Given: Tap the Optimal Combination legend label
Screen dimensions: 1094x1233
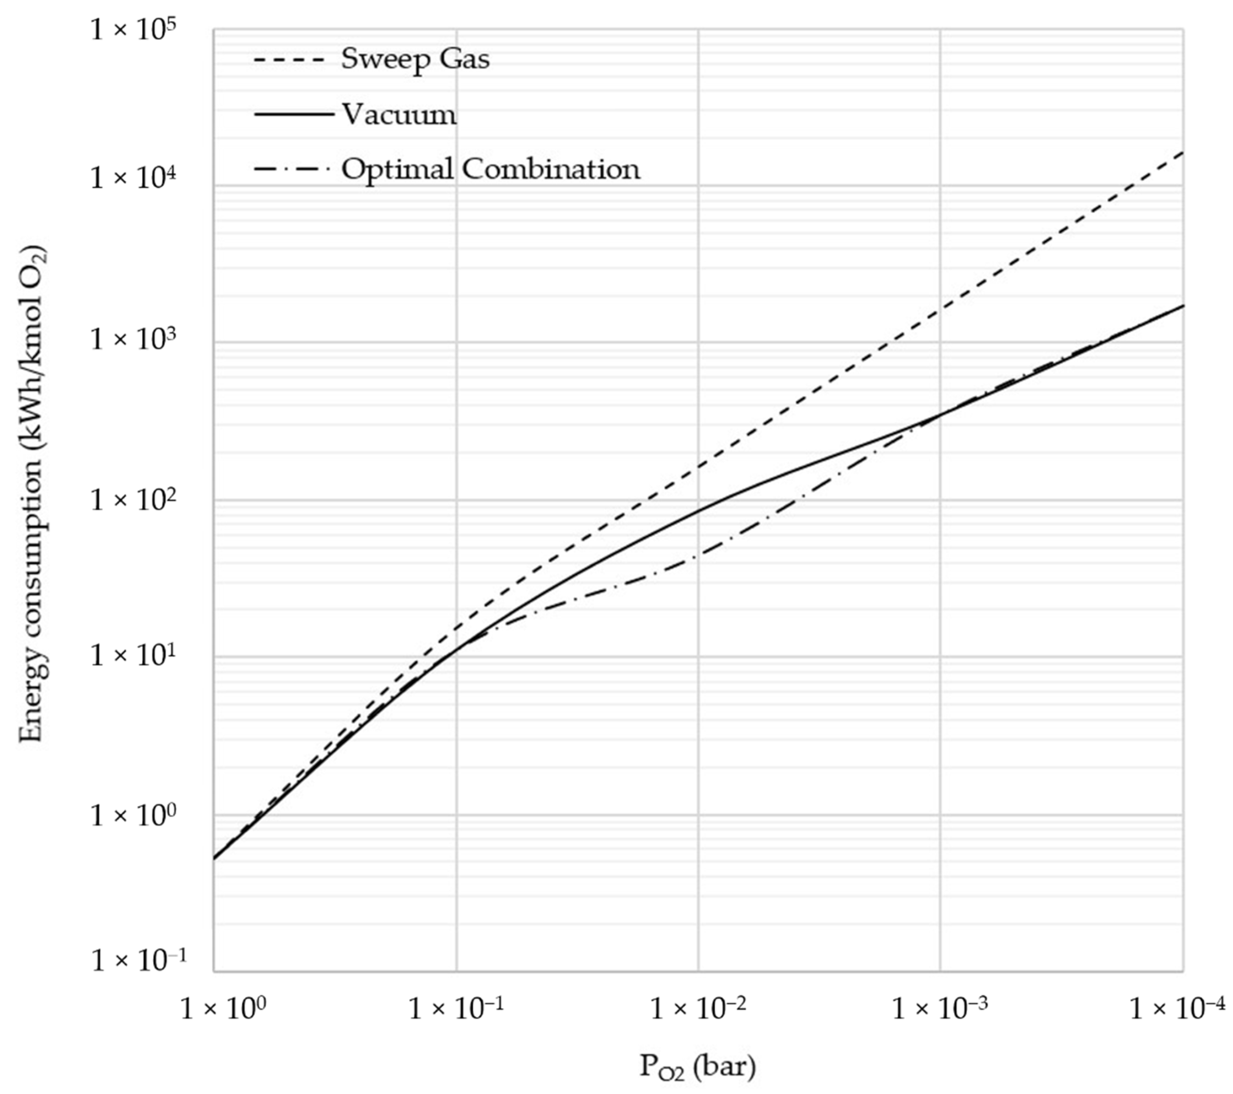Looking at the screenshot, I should click(x=490, y=169).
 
